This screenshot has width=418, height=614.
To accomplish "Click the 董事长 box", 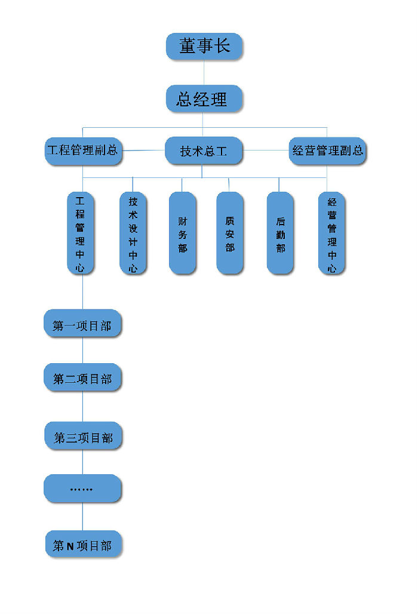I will tap(204, 46).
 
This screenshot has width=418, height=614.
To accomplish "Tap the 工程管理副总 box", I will tap(83, 151).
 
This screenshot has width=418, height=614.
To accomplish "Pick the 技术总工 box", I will tap(204, 151).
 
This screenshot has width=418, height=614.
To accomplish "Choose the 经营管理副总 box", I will tap(327, 151).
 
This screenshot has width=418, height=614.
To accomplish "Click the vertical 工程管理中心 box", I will tap(80, 233).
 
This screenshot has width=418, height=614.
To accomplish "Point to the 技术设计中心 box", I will tap(133, 234).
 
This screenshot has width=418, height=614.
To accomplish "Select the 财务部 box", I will tap(182, 234).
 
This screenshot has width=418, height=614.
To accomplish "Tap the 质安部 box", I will tap(230, 234).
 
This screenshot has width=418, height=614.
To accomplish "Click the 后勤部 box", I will tap(280, 234).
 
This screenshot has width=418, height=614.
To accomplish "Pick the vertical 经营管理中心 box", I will tap(332, 234).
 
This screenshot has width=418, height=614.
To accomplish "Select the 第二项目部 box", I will tap(82, 377).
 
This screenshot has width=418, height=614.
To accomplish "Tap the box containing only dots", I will tap(82, 489).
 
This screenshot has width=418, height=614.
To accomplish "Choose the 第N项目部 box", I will tap(83, 545).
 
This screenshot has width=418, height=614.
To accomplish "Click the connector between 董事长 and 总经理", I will tap(204, 72).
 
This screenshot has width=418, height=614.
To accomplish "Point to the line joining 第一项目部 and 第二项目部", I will tap(82, 351).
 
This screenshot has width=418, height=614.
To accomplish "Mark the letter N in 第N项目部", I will tap(70, 545).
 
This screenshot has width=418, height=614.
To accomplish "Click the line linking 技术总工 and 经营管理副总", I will tap(266, 150).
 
